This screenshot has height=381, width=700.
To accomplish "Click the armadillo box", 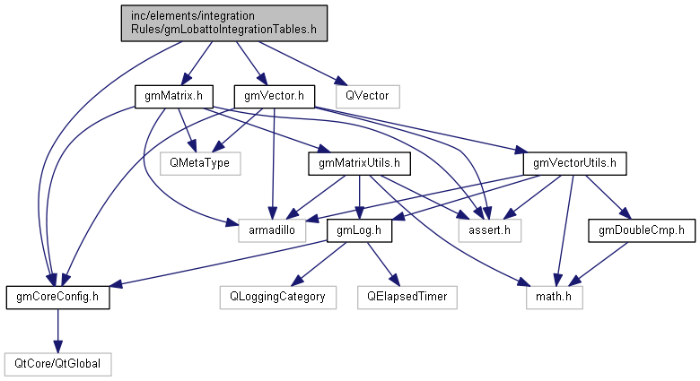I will (270, 230).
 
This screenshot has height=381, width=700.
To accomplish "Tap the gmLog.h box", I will (358, 230).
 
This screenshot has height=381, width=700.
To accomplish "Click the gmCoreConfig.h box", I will (57, 297).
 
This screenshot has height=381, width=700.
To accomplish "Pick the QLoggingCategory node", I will (277, 297).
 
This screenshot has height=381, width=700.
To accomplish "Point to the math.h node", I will (554, 297).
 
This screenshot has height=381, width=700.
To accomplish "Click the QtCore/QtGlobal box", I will (57, 364).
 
